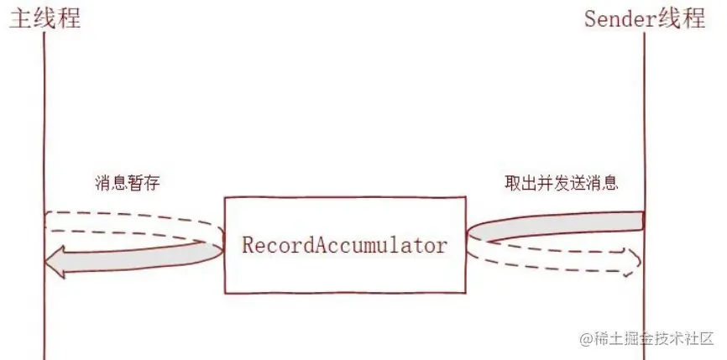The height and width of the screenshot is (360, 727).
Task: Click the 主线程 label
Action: coord(44,18)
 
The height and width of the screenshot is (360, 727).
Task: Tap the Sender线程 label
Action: coord(645,18)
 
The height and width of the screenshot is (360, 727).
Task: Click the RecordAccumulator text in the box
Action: coord(344,246)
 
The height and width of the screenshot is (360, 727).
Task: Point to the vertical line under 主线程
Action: coord(43,126)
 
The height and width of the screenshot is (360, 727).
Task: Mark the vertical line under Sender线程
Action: coord(644,126)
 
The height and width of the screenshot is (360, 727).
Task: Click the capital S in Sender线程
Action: coord(591,18)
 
